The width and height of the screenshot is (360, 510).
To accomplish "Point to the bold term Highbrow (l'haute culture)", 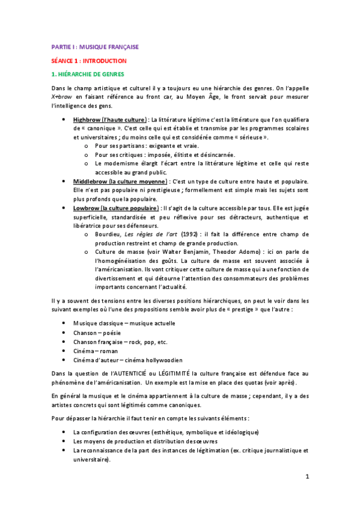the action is [109, 119].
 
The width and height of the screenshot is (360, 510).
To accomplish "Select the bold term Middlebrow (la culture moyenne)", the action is [119, 181].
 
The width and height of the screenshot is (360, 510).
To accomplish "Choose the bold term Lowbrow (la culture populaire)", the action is [117, 207].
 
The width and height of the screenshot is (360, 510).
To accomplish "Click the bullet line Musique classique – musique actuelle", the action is [124, 323].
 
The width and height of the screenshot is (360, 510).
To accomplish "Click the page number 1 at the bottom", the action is [307, 477].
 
